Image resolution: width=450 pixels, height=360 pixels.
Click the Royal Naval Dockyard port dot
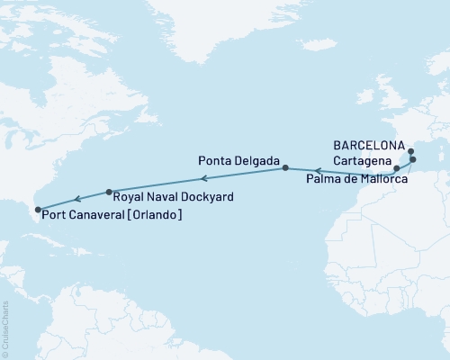109,191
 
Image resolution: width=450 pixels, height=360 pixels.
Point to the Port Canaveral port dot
35,213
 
